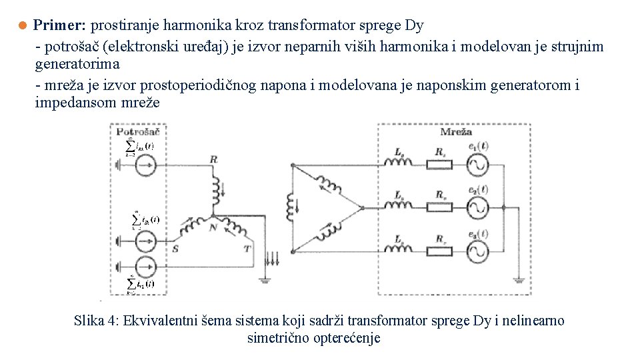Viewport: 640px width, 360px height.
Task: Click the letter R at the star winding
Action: pyautogui.click(x=213, y=159)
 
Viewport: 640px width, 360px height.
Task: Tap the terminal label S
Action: pyautogui.click(x=175, y=248)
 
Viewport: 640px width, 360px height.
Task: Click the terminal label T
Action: pyautogui.click(x=247, y=248)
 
